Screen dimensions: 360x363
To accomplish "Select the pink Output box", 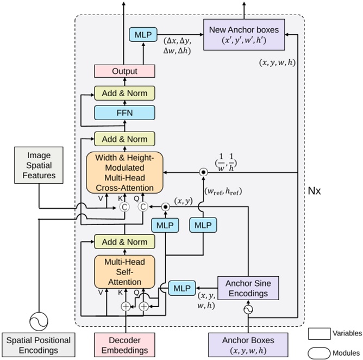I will (x=125, y=71).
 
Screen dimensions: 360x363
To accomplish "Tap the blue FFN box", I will (x=125, y=113).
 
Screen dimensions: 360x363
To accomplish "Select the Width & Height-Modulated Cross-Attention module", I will (x=124, y=172).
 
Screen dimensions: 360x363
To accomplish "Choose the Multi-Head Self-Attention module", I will (x=124, y=272).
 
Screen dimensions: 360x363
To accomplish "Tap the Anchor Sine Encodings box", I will (x=248, y=288).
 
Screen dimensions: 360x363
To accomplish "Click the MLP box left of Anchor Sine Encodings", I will (x=183, y=287).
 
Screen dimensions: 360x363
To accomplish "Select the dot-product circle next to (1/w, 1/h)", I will (x=203, y=172).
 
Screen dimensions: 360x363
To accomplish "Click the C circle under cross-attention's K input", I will (x=125, y=207).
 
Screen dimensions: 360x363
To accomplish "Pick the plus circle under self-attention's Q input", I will (x=143, y=307).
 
